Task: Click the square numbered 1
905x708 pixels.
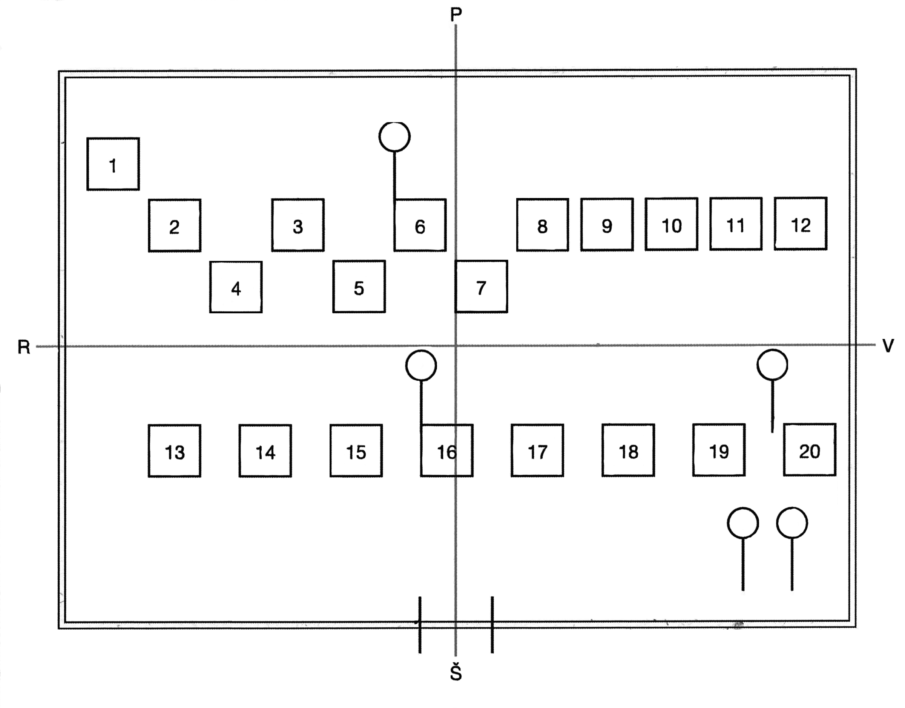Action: (113, 164)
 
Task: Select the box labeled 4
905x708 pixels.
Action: (236, 287)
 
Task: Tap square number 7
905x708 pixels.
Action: (481, 287)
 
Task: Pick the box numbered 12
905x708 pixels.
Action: (801, 224)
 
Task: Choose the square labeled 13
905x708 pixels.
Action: (175, 451)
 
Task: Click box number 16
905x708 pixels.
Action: (446, 451)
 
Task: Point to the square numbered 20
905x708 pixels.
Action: (810, 450)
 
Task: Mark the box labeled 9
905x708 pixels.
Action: (607, 225)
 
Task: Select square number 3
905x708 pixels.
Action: (298, 225)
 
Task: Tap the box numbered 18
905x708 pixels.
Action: (629, 450)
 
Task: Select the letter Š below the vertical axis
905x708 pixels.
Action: (456, 673)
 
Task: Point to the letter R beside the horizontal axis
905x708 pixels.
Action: (24, 347)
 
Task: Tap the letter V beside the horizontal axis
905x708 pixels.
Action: (888, 345)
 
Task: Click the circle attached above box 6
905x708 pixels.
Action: (395, 136)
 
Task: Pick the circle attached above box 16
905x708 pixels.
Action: (421, 365)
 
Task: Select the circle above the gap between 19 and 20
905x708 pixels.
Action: (772, 364)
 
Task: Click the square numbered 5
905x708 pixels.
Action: (359, 287)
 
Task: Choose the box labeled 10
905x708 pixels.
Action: (672, 224)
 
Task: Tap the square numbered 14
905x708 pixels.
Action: (265, 451)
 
